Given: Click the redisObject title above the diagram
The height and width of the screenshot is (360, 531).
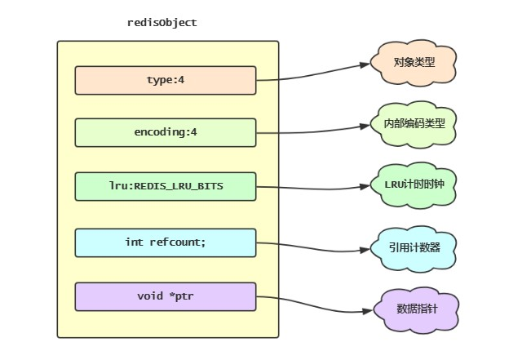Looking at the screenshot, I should point(162,23).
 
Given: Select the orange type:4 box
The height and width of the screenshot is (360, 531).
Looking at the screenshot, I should point(166,80).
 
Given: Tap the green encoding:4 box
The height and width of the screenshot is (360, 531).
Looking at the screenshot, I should point(166,132).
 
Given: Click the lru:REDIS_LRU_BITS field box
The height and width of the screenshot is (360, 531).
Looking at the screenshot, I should point(166,186).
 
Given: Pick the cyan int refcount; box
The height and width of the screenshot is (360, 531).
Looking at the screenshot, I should point(166,242).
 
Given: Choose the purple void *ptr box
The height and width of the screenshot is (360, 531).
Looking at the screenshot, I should point(166,296).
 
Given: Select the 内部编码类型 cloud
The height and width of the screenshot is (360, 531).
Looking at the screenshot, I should point(413,124).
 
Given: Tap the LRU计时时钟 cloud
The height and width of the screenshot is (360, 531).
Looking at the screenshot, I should point(413,184).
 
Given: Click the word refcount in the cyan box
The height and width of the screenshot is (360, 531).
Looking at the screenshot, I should point(178,242).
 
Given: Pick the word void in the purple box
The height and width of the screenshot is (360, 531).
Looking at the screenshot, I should point(151,296).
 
